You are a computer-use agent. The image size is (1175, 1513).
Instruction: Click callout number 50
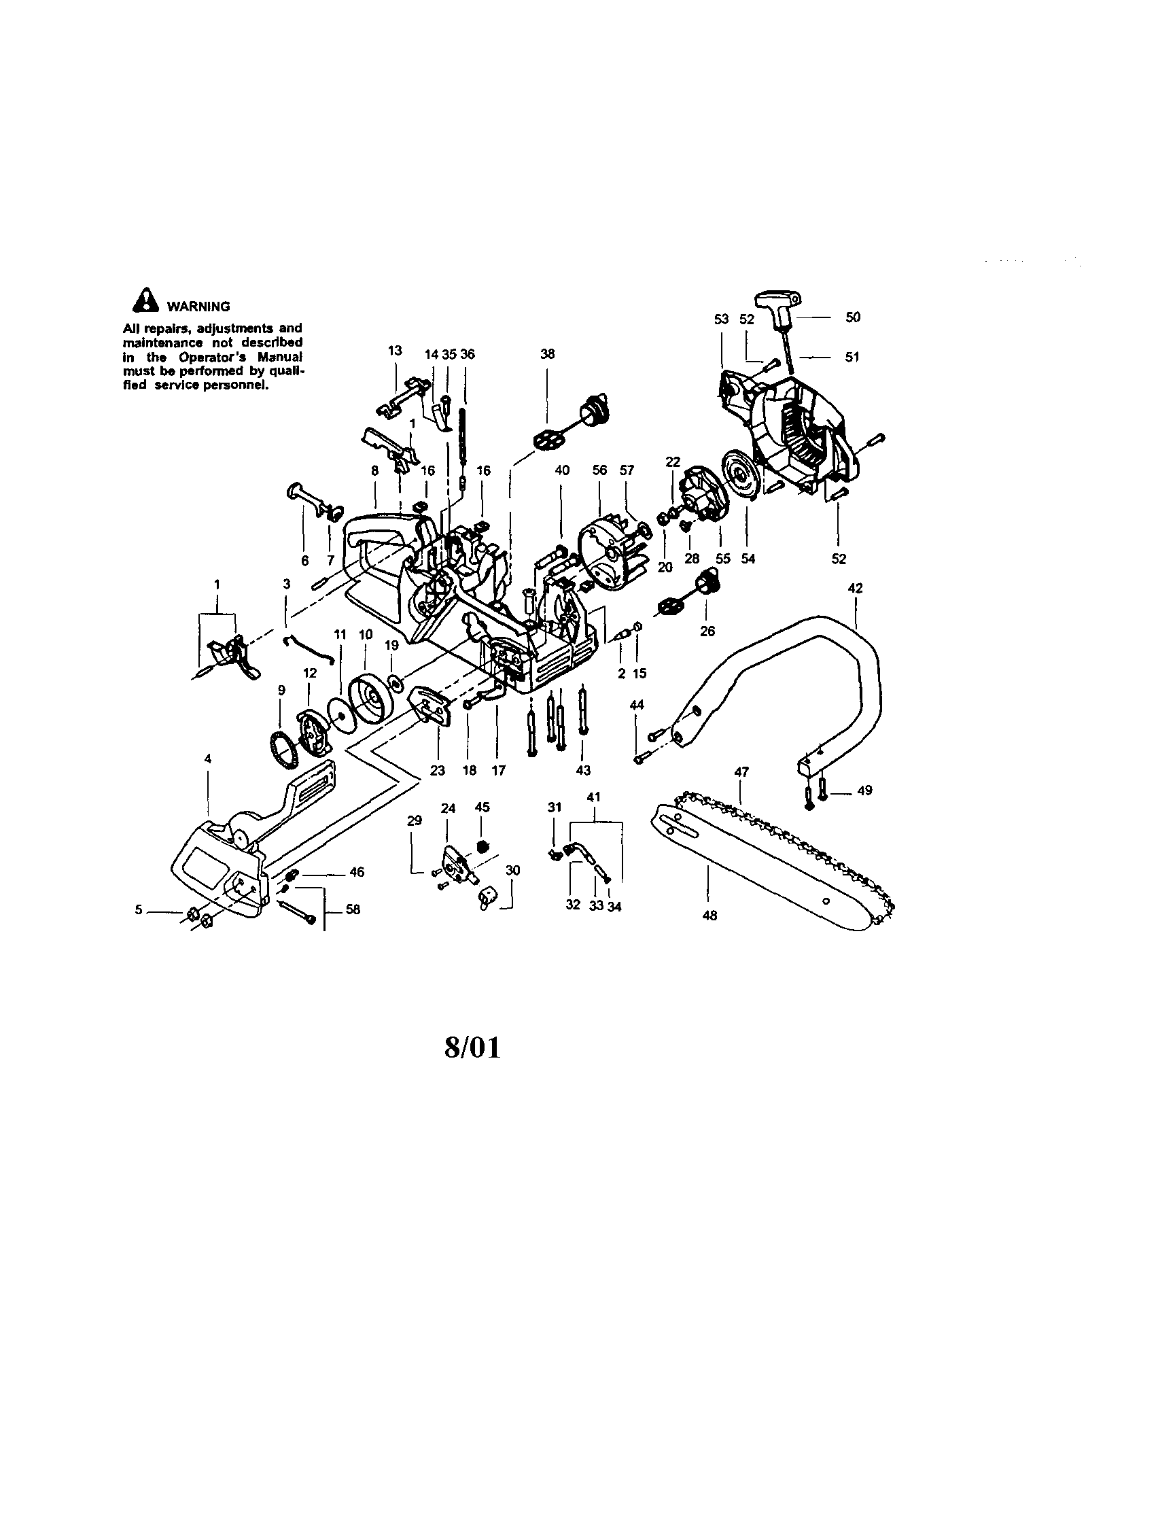853,317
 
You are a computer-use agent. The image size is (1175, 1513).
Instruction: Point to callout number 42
855,588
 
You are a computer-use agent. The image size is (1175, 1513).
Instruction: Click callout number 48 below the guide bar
709,915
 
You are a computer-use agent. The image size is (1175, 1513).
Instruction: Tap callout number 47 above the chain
741,771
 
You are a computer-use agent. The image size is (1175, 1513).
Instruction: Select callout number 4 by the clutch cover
208,759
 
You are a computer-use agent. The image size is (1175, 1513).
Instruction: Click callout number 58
353,909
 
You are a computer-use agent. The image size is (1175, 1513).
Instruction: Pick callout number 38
547,354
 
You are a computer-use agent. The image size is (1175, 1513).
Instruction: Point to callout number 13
395,351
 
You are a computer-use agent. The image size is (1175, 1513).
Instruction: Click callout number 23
437,769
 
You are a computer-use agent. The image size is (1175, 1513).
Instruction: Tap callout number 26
707,631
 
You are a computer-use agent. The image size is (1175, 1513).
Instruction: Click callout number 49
864,790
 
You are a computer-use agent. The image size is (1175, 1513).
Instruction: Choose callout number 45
483,807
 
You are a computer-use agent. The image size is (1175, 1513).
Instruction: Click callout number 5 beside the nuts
139,909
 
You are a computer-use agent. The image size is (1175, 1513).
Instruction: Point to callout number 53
722,319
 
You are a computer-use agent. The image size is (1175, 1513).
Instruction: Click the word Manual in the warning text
284,358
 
